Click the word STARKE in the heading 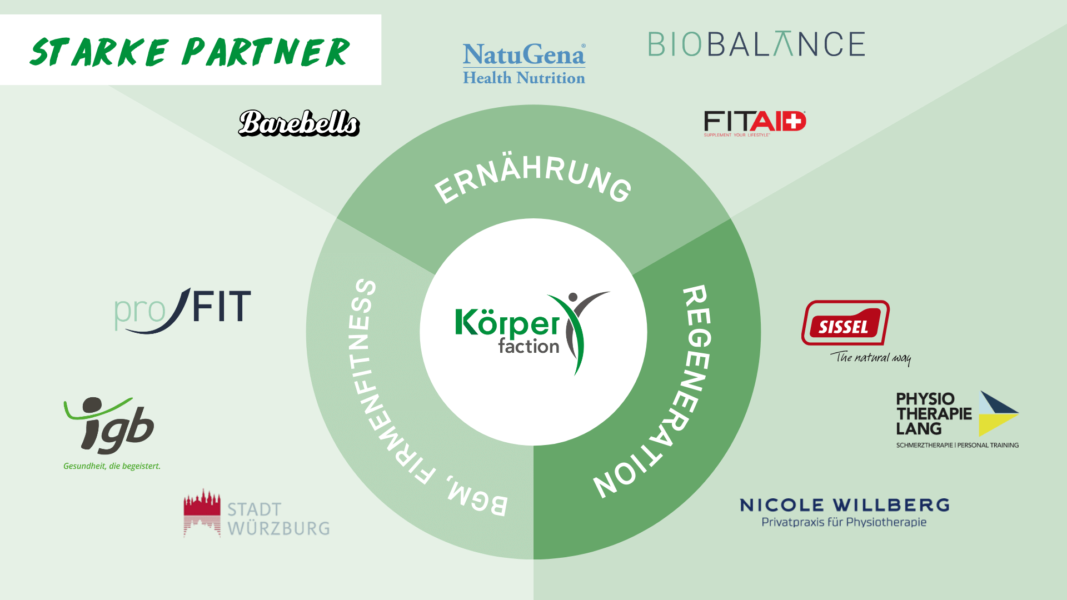99,52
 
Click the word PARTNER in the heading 266,52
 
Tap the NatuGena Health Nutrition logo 524,63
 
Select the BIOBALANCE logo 756,44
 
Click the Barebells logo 299,123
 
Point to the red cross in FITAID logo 795,121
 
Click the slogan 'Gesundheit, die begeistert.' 112,466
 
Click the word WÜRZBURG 278,528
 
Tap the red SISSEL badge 845,323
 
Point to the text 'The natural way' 871,357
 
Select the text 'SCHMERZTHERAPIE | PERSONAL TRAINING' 957,445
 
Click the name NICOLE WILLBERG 844,505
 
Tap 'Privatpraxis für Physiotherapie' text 844,522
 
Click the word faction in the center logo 528,347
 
